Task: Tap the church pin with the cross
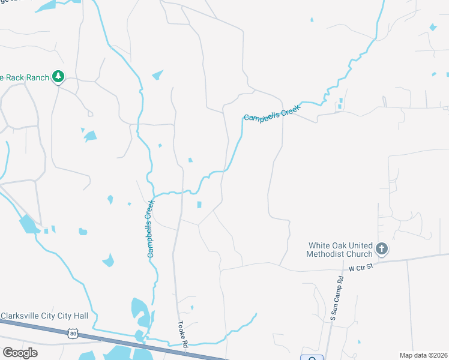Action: coord(382,248)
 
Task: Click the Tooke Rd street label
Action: coord(182,334)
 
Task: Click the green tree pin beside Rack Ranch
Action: coord(58,76)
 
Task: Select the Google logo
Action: coord(20,352)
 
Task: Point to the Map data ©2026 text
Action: coord(423,355)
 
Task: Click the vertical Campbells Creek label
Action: coord(150,229)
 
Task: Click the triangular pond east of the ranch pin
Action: coord(158,75)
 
